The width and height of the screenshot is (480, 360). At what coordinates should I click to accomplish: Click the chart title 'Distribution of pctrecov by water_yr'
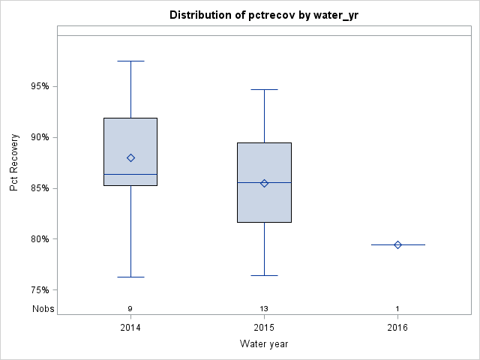pos(264,15)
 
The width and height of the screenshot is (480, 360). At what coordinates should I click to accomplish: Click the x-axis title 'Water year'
pos(264,343)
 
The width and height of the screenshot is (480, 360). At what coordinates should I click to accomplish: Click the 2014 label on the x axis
pos(130,328)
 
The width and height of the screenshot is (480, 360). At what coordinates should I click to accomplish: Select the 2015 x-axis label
pos(264,328)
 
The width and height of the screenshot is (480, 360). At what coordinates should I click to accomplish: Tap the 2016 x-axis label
pos(397,328)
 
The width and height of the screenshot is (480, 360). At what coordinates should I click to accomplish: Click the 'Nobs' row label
pos(43,308)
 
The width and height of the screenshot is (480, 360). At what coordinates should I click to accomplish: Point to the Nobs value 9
pos(130,309)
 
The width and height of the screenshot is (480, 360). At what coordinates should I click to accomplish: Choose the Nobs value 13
pos(264,309)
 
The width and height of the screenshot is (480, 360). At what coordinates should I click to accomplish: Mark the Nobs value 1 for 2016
pos(397,309)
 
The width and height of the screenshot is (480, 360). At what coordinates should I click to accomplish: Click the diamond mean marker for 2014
pos(130,157)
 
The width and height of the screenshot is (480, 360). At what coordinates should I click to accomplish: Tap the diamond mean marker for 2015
pos(264,183)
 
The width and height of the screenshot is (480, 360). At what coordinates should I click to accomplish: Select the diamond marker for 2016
pos(397,244)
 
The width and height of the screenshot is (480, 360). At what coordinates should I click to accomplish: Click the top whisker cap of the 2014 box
pos(130,61)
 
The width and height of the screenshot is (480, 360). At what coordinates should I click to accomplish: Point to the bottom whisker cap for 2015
pos(264,275)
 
